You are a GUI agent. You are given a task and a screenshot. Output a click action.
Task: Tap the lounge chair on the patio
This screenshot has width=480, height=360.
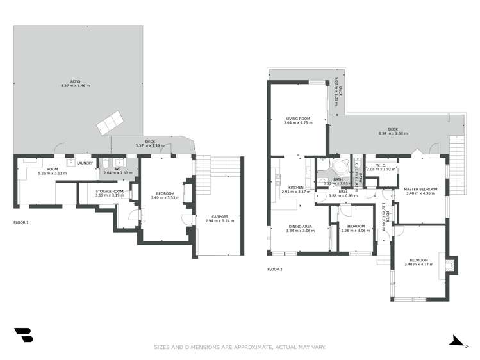click(x=109, y=121)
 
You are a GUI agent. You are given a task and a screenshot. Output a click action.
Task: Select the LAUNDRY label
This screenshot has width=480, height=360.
click(x=85, y=163)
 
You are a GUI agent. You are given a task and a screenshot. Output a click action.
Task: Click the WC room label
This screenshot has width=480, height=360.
click(x=118, y=169)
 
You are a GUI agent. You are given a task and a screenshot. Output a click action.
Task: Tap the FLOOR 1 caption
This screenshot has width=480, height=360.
click(x=21, y=222)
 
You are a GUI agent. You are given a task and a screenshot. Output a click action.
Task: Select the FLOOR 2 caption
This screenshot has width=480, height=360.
click(x=274, y=269)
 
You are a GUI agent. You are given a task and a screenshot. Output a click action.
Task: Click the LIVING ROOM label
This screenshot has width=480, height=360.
click(x=298, y=119)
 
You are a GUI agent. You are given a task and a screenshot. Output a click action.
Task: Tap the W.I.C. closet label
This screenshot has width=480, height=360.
click(x=380, y=165)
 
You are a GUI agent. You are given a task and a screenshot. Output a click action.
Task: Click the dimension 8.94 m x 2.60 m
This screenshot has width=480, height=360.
click(x=392, y=133)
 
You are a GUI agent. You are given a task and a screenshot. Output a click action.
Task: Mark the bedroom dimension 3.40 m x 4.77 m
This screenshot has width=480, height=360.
click(x=417, y=264)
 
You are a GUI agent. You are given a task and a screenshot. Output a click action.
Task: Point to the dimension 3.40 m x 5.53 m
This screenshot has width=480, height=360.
click(x=165, y=197)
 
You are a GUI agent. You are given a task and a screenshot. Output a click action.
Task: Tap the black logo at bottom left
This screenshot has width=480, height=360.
click(x=23, y=336)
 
